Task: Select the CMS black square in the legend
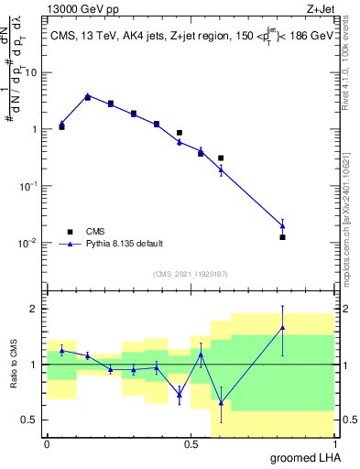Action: pos(70,232)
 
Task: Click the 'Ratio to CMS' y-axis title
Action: pos(15,365)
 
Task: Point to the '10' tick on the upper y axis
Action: pos(32,71)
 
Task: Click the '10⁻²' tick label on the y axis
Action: pos(30,243)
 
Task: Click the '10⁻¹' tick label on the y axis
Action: pos(30,186)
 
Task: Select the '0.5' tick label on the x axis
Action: pos(191,443)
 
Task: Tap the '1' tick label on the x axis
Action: pos(335,443)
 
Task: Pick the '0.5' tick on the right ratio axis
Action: pos(350,420)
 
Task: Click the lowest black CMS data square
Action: pos(282,237)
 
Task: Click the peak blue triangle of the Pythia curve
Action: pos(88,95)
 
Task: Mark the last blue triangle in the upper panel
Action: pos(282,225)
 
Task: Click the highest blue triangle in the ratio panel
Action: pos(282,327)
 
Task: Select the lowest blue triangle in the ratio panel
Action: pos(221,402)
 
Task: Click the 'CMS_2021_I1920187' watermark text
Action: pos(191,273)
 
